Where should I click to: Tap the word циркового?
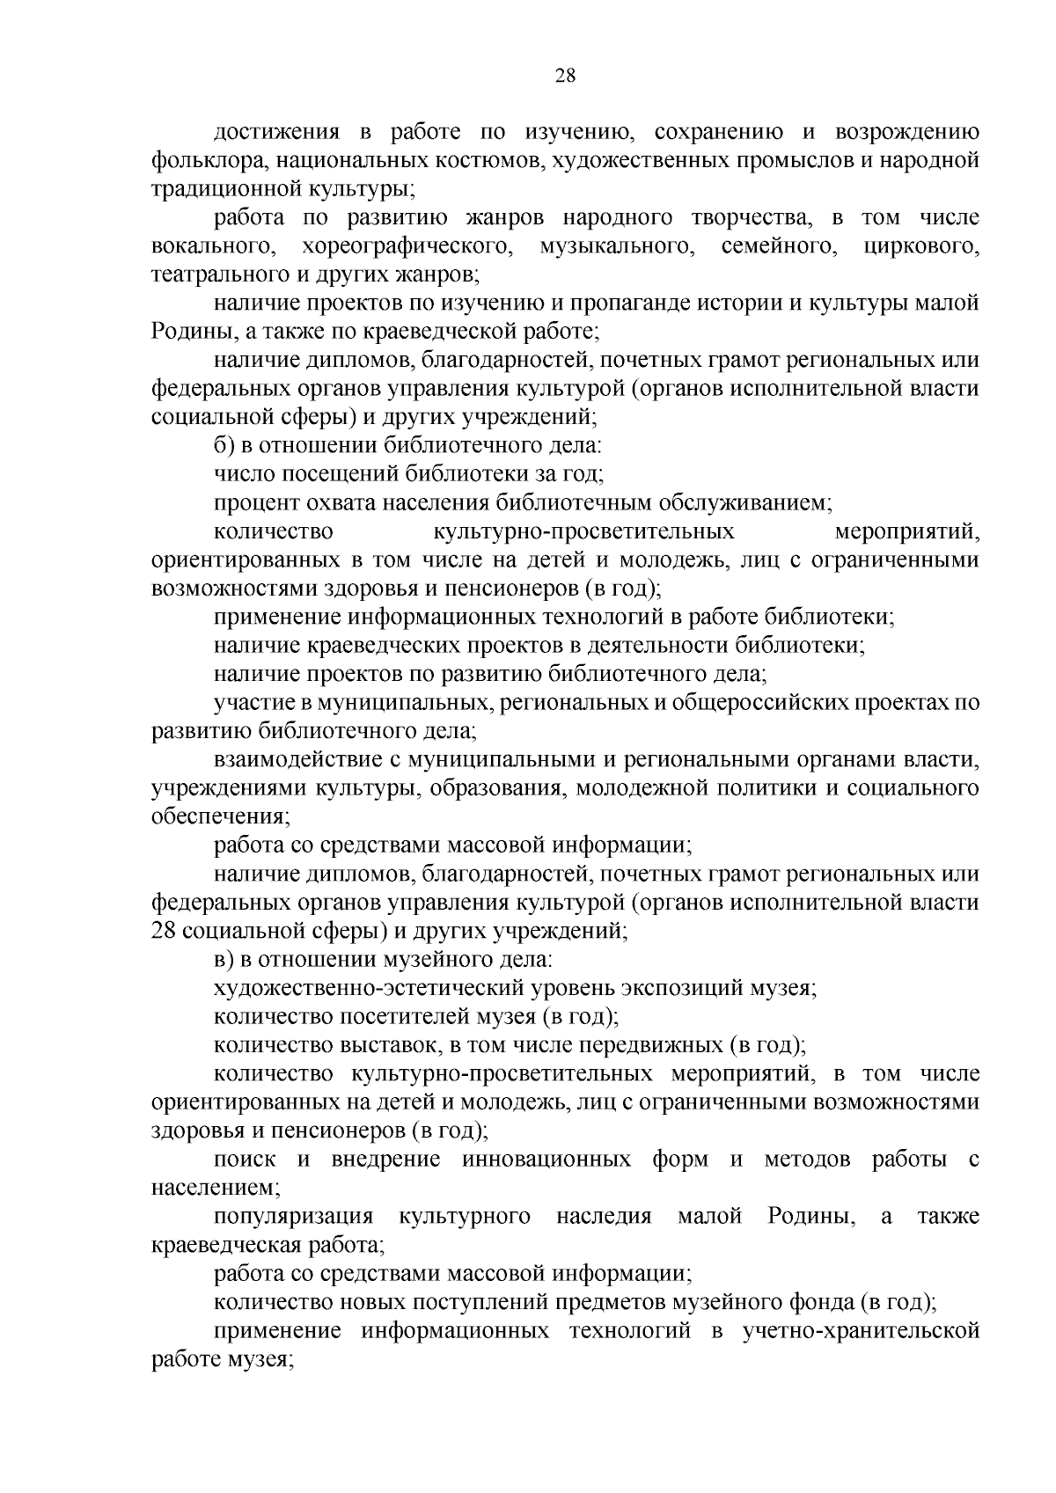pyautogui.click(x=920, y=246)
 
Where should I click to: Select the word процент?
pyautogui.click(x=250, y=503)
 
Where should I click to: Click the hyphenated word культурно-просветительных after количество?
pyautogui.click(x=583, y=531)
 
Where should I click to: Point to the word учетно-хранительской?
pyautogui.click(x=861, y=1331)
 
